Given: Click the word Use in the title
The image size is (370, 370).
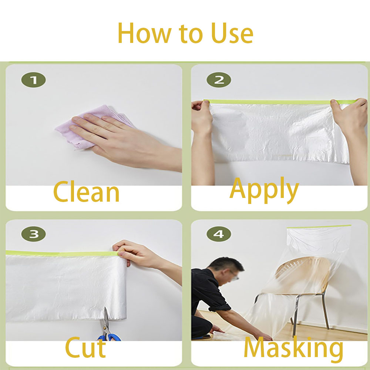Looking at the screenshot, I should [232, 33].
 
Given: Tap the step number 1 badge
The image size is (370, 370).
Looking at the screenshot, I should [33, 80].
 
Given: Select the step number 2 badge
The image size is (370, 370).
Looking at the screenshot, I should [218, 80].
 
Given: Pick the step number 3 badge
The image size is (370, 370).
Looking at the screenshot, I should [33, 234].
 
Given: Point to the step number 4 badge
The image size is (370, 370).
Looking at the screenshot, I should [218, 234].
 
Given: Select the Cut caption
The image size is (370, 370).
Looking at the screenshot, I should [85, 348].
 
